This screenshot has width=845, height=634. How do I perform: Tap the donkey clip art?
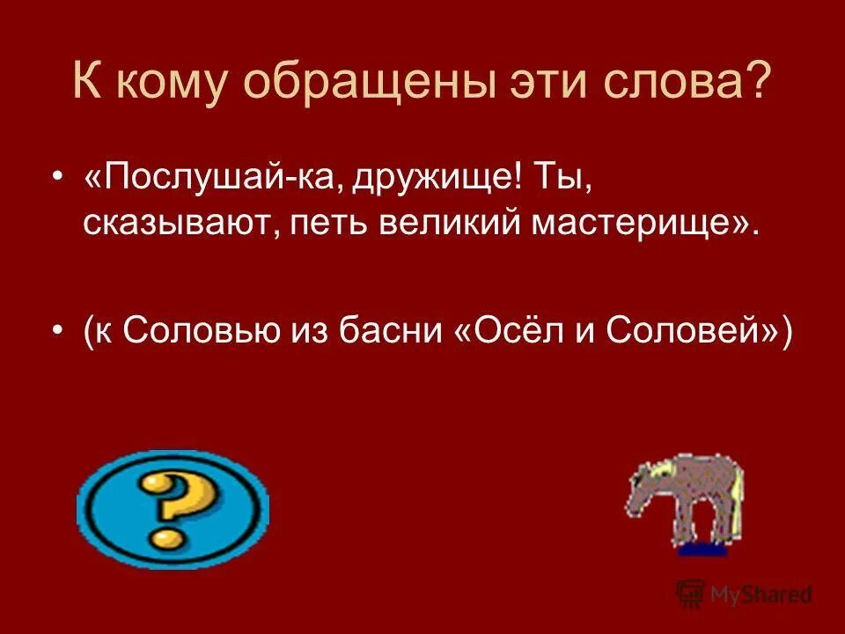[684, 504]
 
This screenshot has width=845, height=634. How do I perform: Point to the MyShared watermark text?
[757, 594]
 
